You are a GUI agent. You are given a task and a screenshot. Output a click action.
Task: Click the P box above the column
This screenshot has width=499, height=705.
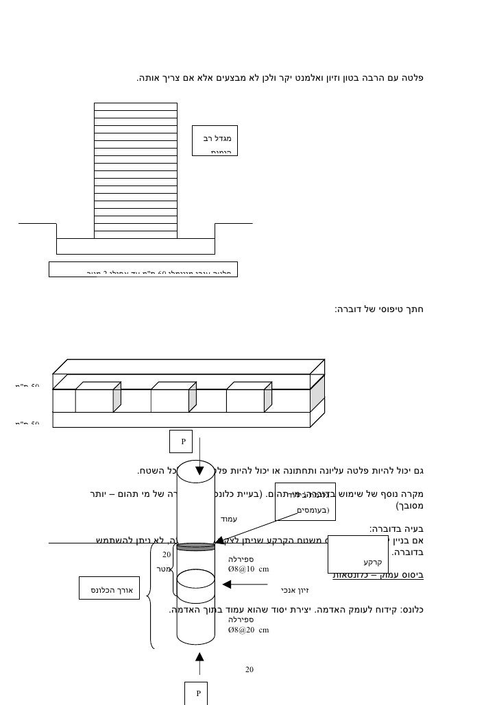[x=184, y=441]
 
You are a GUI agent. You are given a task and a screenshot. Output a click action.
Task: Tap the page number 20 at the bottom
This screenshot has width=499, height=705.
[x=249, y=669]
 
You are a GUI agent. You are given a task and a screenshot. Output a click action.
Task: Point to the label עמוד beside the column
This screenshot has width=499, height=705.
[x=228, y=520]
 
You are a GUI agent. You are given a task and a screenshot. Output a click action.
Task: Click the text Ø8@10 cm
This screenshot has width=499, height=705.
[x=248, y=568]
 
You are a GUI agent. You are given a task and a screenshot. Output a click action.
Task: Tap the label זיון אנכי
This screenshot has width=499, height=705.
[x=295, y=589]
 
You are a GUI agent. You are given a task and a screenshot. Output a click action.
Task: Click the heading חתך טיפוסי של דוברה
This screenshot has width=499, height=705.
[x=378, y=310]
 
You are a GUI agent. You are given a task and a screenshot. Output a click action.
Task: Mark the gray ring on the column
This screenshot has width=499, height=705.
[x=195, y=546]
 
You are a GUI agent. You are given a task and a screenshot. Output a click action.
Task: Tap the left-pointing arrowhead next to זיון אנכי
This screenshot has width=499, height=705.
[x=228, y=585]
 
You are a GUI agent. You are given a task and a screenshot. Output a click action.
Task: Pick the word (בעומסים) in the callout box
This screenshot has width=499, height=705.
[x=313, y=510]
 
